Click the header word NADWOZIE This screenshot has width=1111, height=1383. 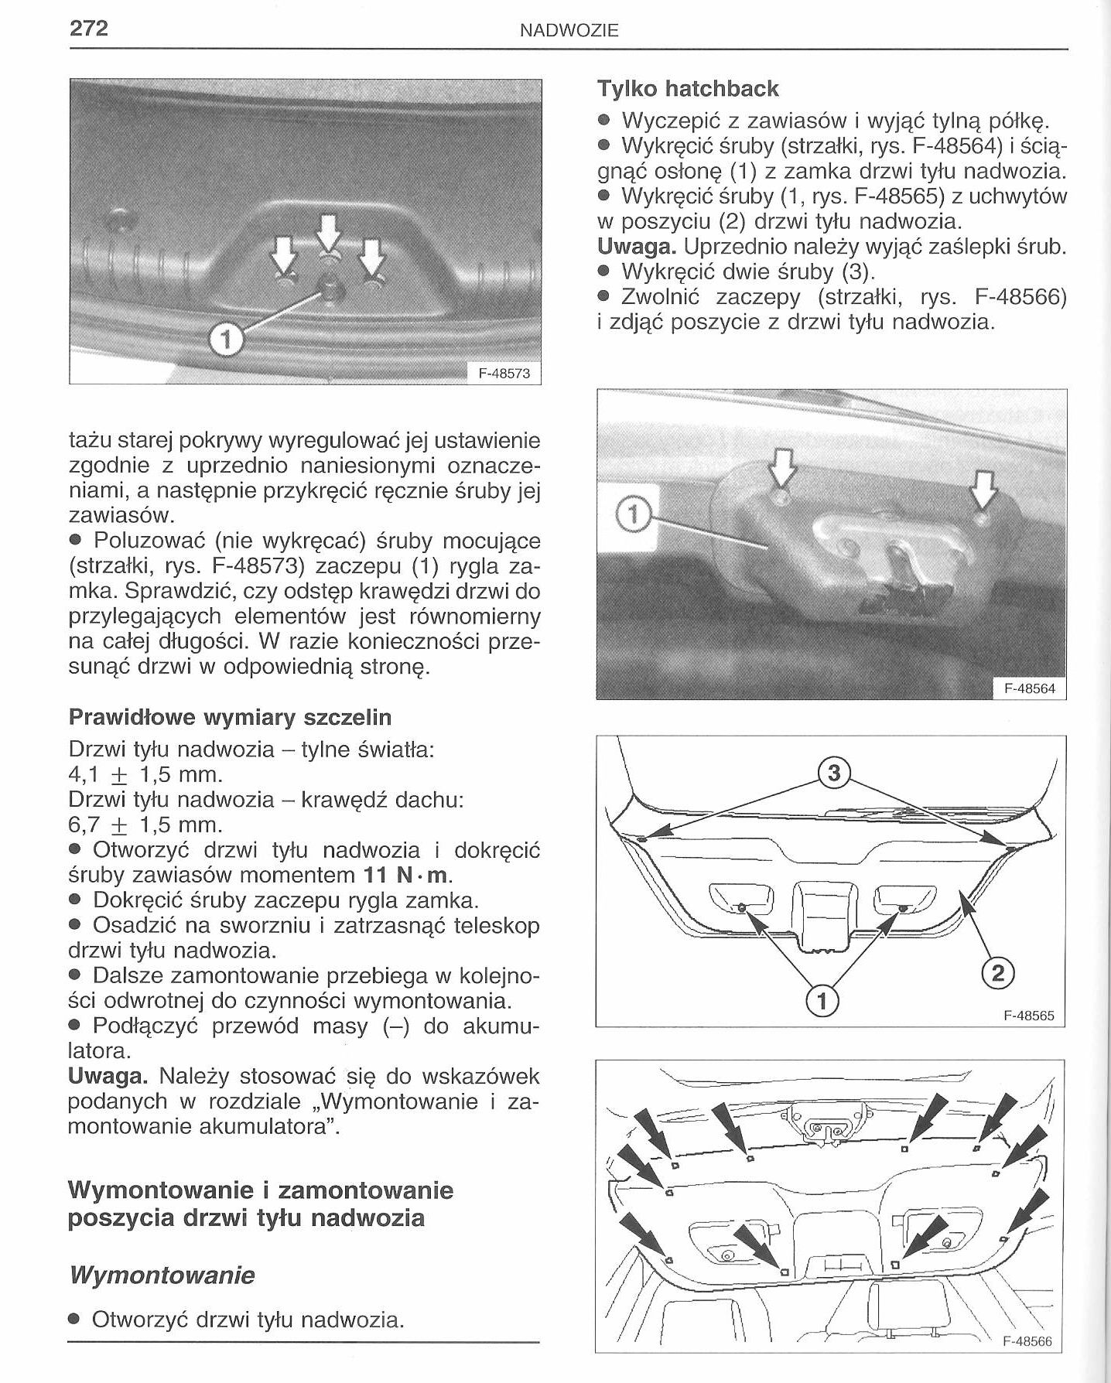(x=569, y=31)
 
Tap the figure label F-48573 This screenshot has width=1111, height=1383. (x=504, y=374)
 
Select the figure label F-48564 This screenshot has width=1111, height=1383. (x=1029, y=688)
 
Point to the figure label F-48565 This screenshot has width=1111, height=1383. (x=1028, y=1016)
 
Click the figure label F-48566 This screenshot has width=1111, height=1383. (x=1027, y=1341)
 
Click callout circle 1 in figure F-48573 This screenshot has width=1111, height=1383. (x=226, y=339)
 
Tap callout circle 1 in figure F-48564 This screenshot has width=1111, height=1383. (x=632, y=515)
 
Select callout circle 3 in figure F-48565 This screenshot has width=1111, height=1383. (x=834, y=773)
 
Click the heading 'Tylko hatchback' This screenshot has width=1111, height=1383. (x=687, y=89)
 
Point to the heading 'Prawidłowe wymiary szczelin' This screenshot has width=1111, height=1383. (x=230, y=717)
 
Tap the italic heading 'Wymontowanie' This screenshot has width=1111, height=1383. (x=161, y=1275)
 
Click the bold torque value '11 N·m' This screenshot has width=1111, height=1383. (x=406, y=875)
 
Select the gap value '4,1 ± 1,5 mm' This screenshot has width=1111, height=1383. (x=145, y=774)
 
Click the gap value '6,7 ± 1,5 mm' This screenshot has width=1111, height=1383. (x=145, y=825)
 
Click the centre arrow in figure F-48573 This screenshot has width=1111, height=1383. (x=329, y=231)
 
